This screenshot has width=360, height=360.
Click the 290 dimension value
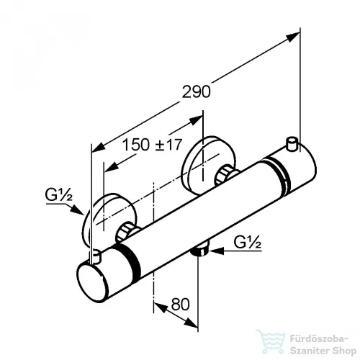pos(196,91)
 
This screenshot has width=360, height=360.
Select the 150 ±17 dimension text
pos(153,145)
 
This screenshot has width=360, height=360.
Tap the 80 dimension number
pos(180,305)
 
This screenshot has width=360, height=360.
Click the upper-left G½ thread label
pos(59,195)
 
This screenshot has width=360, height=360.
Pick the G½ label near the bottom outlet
pos(248,243)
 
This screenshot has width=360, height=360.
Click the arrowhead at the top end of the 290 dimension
pos(293,37)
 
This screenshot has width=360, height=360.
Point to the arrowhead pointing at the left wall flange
pos(78,210)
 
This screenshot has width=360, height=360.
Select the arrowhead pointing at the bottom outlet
pos(217,251)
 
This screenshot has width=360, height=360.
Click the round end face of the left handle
pos(92,282)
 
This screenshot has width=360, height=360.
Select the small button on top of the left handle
pos(96,256)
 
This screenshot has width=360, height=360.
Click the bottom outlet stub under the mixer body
pos(200,248)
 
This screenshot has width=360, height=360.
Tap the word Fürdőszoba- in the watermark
pos(319,339)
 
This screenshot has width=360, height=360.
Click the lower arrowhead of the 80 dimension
pos(191,323)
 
